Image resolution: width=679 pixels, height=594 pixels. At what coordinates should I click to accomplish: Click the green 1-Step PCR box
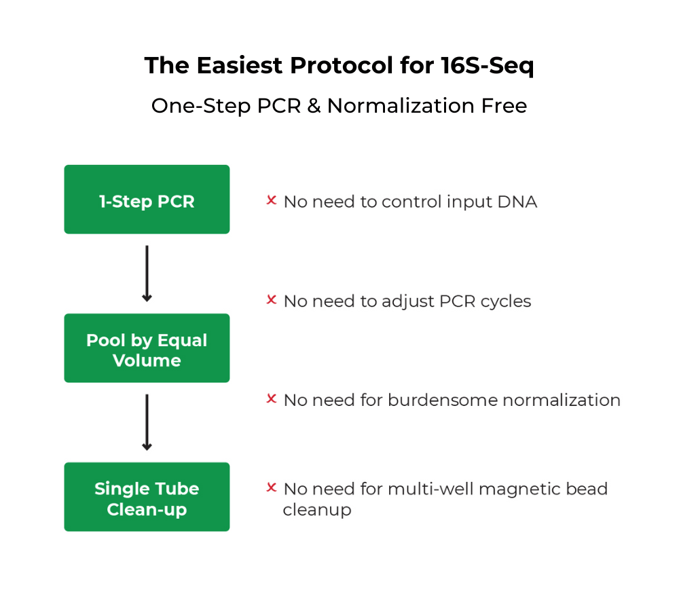pos(147,200)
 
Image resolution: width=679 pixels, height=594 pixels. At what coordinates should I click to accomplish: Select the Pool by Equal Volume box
pos(147,348)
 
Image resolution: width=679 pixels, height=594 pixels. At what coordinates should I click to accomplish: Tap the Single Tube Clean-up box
pos(147,497)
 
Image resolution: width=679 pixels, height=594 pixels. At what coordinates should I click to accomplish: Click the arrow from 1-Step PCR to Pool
pos(147,274)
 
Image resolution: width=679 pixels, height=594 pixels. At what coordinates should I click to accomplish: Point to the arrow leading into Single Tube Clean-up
pos(147,422)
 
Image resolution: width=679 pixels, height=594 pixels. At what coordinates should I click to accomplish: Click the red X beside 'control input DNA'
pos(271,201)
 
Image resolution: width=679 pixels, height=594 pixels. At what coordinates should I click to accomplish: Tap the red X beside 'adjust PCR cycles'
pos(271,300)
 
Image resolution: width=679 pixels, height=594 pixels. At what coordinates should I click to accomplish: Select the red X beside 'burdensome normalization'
pos(271,399)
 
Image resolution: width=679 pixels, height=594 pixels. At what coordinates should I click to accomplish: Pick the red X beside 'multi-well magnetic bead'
pos(271,487)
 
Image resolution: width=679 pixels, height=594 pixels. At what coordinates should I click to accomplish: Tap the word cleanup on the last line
pos(317,510)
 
